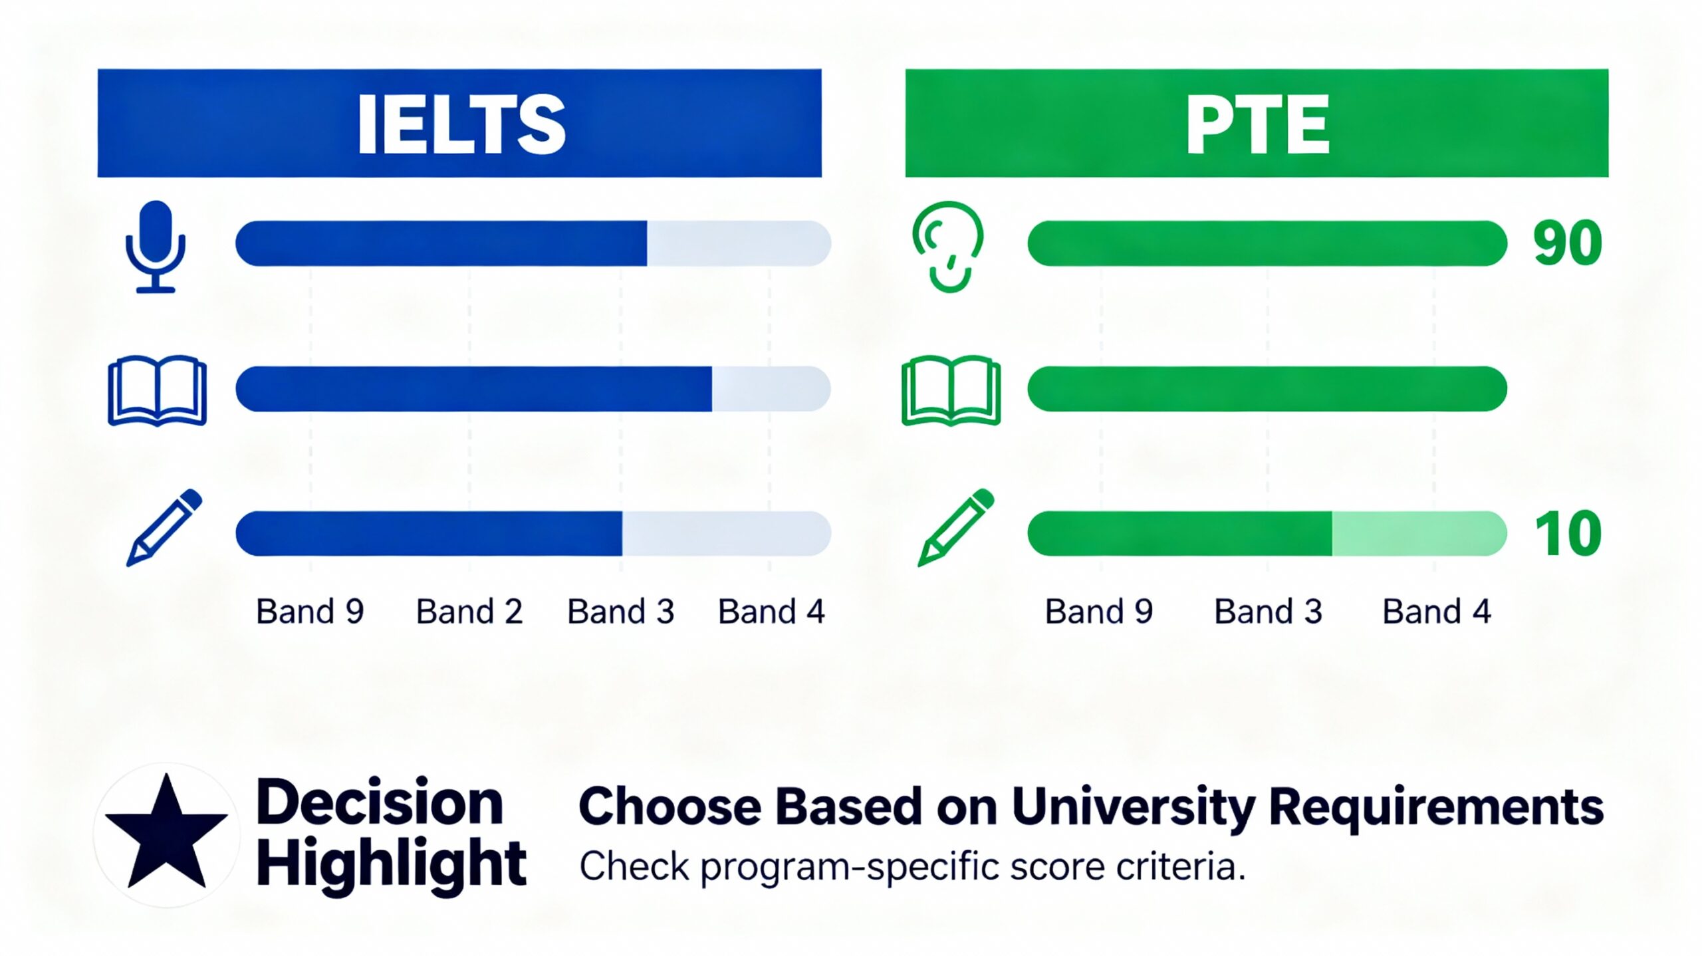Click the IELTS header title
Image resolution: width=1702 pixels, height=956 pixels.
(461, 124)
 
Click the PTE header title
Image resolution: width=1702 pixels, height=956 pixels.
(1257, 124)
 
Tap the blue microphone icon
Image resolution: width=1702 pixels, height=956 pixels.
(156, 246)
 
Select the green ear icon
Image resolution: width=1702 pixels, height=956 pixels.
(948, 246)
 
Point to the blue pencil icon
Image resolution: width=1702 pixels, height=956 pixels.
(164, 528)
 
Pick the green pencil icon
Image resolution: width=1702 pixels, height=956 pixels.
(956, 528)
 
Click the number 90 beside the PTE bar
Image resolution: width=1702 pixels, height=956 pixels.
(1568, 243)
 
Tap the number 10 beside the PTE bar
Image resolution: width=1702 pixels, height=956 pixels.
(1568, 534)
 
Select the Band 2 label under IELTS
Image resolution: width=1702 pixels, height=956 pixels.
(469, 612)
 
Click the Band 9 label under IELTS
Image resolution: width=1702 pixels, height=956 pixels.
(310, 612)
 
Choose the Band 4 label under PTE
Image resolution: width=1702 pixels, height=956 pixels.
(1437, 612)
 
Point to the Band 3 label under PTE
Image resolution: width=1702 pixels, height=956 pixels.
(1268, 612)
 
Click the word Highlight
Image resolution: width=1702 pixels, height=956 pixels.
(391, 863)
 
